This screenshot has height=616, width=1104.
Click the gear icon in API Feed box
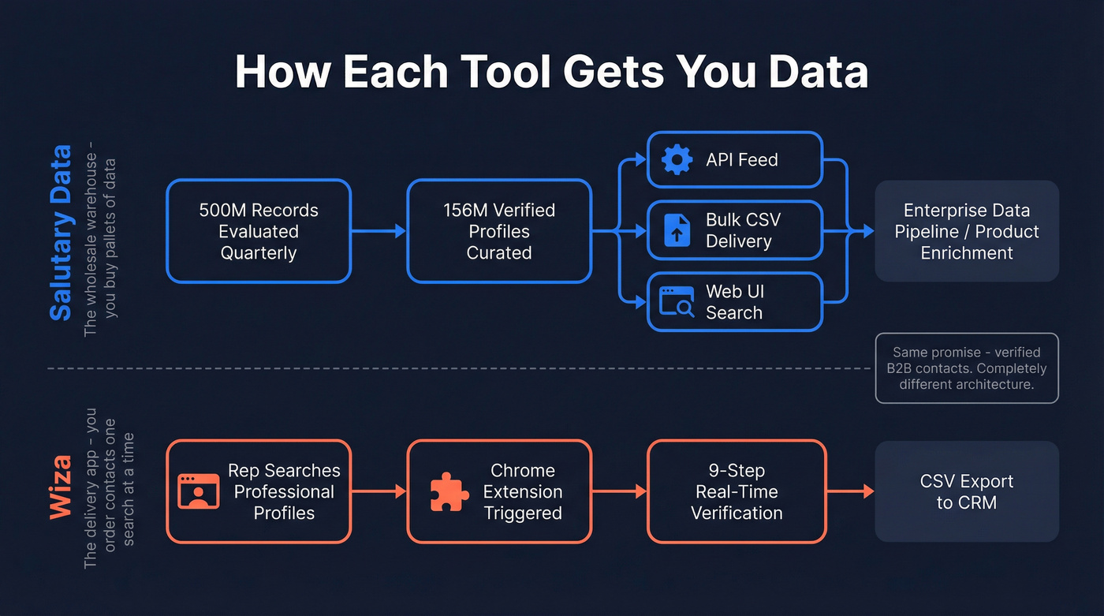677,160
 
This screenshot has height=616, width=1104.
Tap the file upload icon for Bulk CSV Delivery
677,230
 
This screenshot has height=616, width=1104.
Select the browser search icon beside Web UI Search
677,302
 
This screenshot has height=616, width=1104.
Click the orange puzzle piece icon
449,491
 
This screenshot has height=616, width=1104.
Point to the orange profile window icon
199,491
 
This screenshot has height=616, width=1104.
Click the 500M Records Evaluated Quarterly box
259,231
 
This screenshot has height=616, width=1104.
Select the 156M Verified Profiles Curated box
499,231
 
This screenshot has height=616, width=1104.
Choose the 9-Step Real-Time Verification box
737,491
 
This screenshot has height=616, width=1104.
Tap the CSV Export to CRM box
967,491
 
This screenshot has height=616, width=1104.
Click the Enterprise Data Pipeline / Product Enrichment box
967,231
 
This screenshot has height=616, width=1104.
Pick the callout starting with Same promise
967,368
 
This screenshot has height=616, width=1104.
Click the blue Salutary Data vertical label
61,233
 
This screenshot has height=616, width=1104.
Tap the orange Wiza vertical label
61,487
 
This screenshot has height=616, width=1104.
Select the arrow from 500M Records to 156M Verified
379,231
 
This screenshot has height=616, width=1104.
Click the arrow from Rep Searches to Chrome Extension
379,491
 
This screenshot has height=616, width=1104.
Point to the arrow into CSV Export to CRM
851,491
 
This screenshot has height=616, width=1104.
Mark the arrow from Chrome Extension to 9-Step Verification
620,491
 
